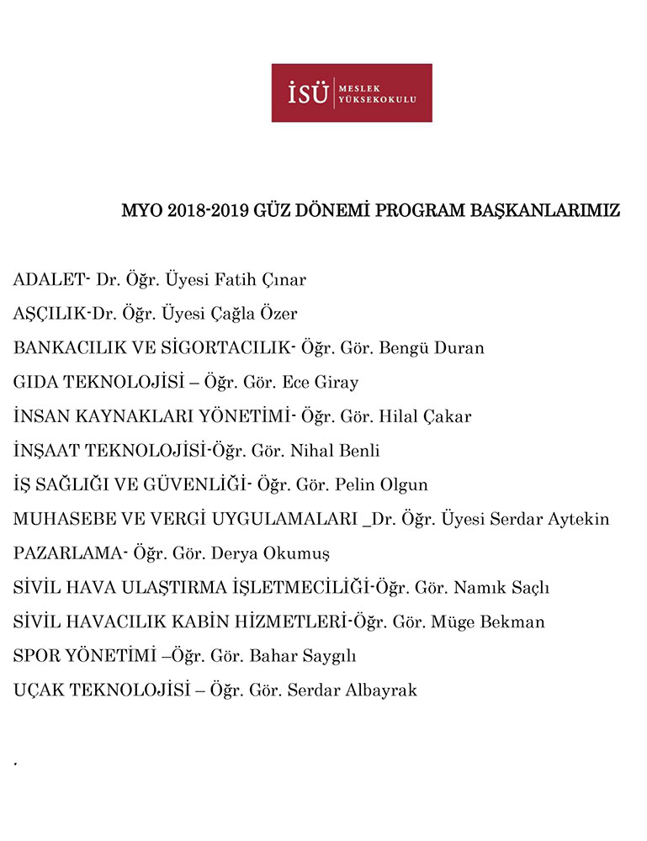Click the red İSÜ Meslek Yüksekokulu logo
click(x=352, y=93)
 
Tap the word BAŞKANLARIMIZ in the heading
click(x=543, y=211)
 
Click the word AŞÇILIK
click(x=50, y=314)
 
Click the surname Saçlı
click(x=526, y=588)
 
